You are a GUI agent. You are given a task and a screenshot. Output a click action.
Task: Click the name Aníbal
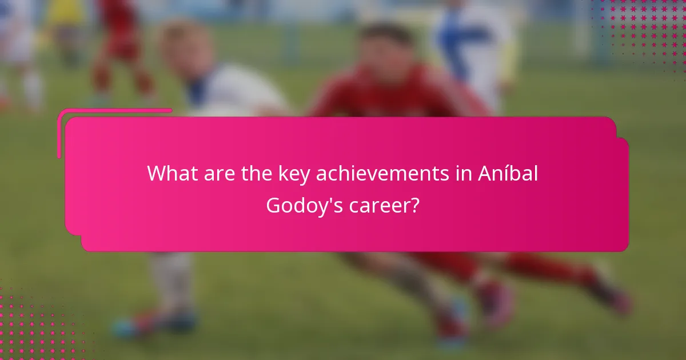(508, 174)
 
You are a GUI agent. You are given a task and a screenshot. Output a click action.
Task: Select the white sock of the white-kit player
(171, 286)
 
